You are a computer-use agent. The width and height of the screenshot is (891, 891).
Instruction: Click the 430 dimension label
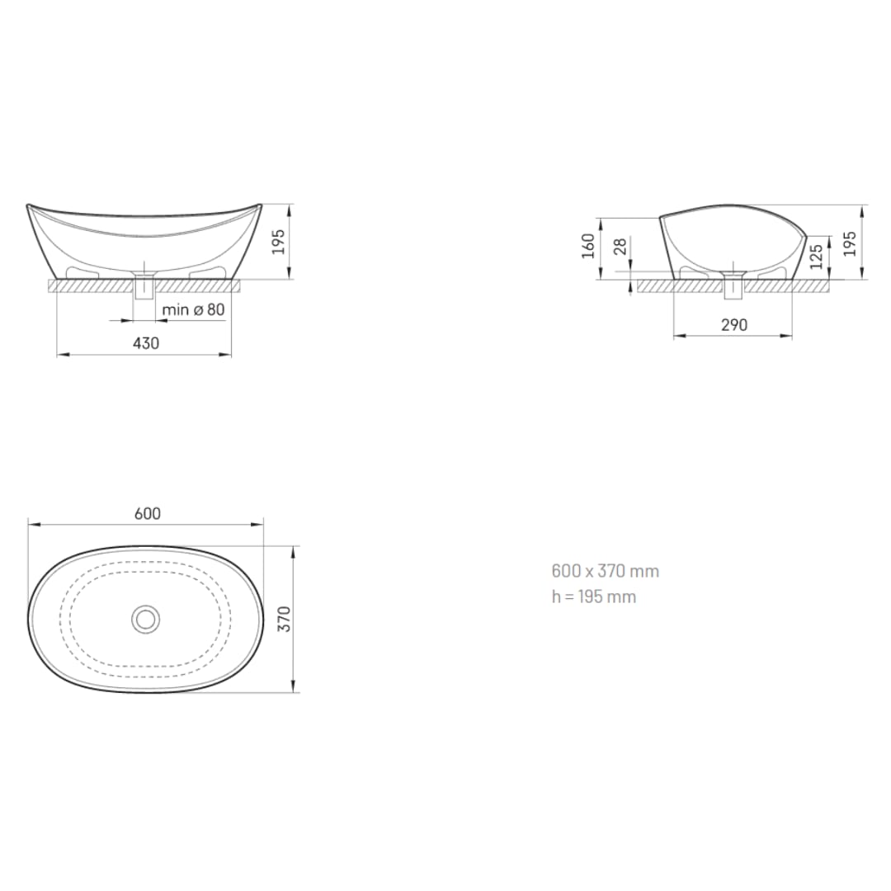tap(146, 343)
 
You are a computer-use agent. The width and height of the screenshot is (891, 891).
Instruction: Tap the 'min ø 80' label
tap(193, 309)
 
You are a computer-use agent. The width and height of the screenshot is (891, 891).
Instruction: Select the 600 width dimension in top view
tap(148, 514)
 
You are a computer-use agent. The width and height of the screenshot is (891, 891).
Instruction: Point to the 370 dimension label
tap(285, 619)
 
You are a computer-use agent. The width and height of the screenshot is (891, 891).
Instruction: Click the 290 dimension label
tap(734, 325)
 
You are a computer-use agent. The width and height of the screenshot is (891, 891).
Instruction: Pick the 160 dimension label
tap(588, 246)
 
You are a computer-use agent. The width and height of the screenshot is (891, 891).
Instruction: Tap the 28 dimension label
tap(620, 247)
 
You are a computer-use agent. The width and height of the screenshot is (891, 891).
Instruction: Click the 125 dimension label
tap(816, 257)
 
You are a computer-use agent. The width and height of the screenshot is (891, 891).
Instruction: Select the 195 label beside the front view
tap(278, 242)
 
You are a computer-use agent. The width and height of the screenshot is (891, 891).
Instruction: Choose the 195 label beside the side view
tap(850, 243)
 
